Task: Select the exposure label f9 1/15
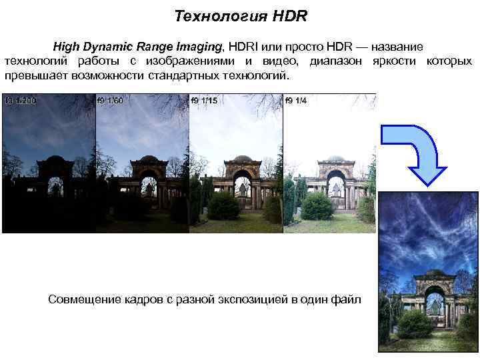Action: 204,100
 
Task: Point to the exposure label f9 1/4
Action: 296,100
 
